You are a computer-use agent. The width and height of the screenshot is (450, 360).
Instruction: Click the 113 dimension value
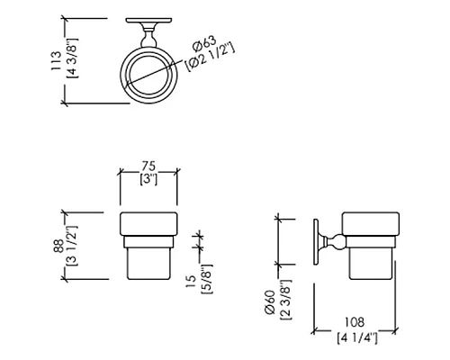(56, 61)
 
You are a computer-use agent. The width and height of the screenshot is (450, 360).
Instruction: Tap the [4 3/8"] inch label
(72, 58)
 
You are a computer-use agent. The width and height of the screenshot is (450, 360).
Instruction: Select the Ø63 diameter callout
(204, 44)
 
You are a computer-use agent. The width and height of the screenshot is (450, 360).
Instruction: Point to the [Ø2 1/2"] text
(210, 58)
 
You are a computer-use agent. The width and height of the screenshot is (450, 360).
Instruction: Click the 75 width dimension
(148, 166)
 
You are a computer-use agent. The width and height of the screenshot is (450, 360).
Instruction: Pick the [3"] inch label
(148, 179)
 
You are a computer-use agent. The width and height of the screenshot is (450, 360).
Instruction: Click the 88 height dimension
(58, 246)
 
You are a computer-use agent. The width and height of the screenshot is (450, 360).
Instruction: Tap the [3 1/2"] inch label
(72, 246)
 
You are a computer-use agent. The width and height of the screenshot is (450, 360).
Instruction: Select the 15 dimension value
(191, 282)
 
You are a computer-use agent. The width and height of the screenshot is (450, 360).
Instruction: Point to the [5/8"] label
(207, 279)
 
